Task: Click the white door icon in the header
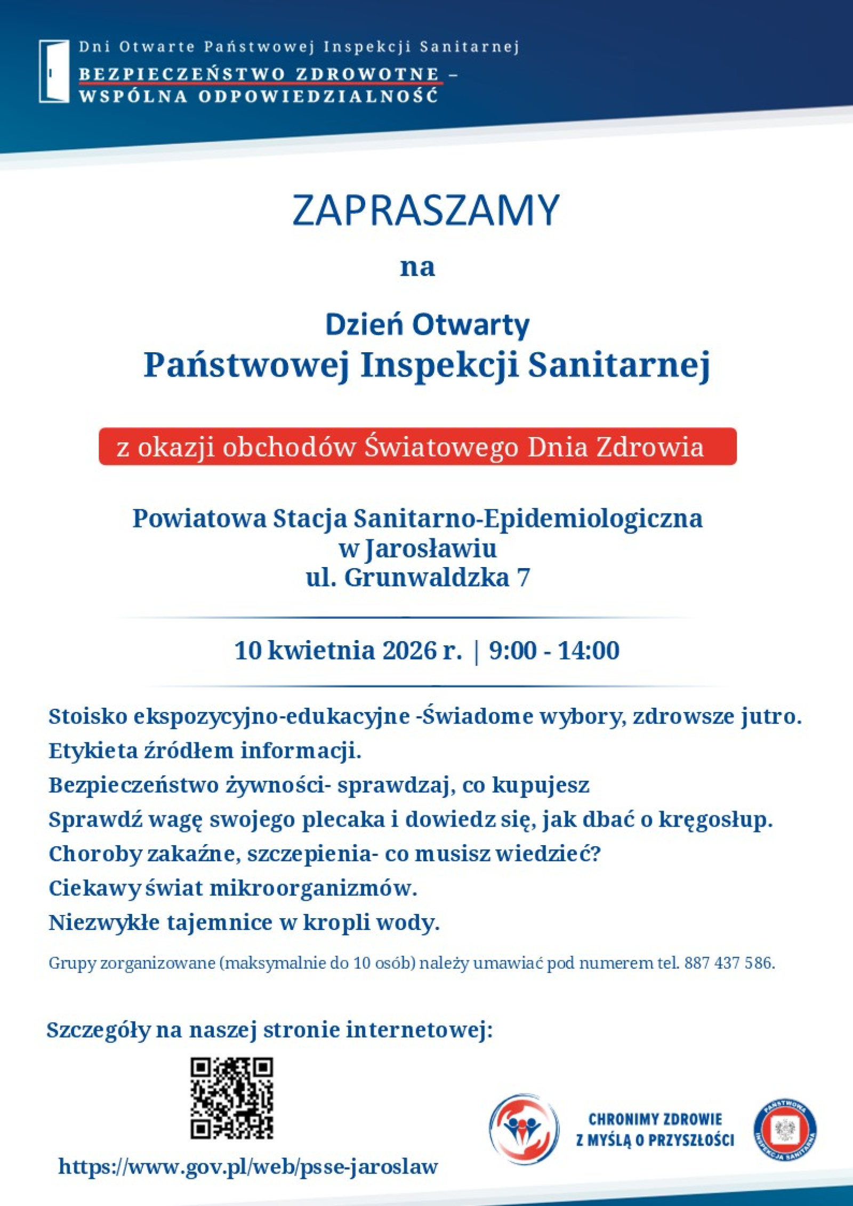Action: click(x=54, y=71)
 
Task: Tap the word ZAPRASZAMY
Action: click(x=425, y=210)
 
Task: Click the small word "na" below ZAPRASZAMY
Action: click(x=417, y=266)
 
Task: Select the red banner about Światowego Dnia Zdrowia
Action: click(x=417, y=447)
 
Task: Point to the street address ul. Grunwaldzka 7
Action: click(x=417, y=578)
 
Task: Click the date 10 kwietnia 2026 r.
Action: click(x=348, y=651)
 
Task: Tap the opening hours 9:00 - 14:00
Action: click(x=554, y=651)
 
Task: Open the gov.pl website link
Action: click(x=248, y=1167)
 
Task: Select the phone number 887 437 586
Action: click(x=729, y=963)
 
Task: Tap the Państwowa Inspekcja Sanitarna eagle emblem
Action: click(x=785, y=1130)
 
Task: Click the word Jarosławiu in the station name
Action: click(x=430, y=548)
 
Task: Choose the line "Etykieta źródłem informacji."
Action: click(x=205, y=751)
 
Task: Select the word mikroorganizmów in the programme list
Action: click(x=313, y=888)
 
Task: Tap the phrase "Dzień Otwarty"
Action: click(x=427, y=325)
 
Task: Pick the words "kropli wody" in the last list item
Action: click(x=372, y=923)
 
